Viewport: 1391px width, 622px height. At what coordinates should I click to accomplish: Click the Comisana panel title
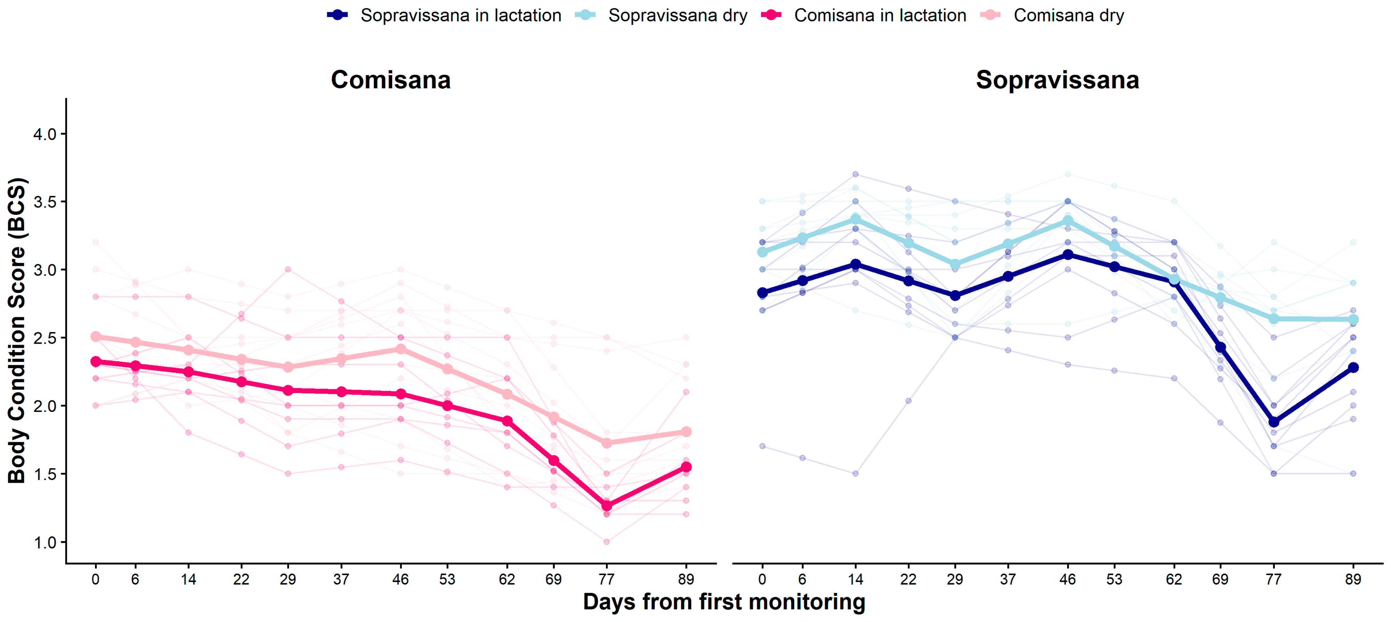point(391,80)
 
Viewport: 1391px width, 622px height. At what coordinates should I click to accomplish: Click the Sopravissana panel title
point(1057,80)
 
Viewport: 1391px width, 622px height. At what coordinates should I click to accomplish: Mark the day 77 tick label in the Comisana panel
point(606,579)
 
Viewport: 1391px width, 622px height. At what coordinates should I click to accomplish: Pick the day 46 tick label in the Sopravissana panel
point(1068,579)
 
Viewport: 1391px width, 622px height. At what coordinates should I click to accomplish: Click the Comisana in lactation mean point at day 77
point(606,506)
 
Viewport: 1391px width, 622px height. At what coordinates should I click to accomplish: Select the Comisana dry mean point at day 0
point(96,337)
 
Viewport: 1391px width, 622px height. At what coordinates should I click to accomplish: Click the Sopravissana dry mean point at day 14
point(855,218)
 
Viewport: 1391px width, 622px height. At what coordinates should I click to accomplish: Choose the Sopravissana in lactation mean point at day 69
point(1220,347)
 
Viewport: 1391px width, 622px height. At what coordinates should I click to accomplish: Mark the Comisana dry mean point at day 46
point(400,349)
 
